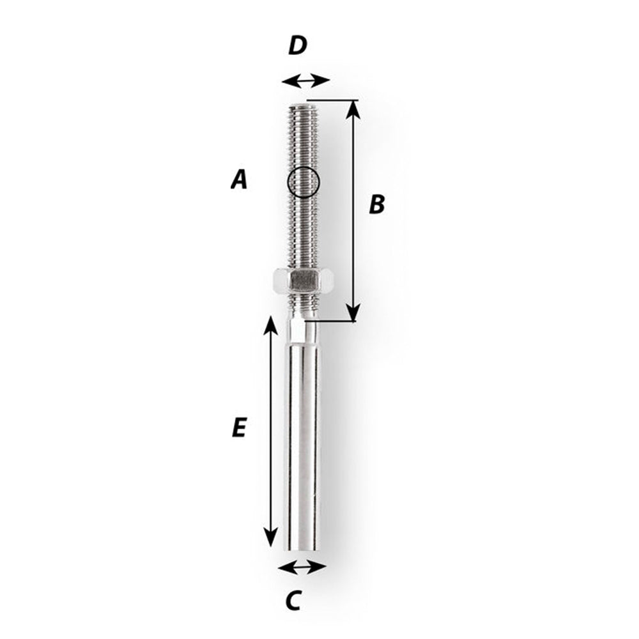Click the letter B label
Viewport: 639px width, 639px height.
coord(377,204)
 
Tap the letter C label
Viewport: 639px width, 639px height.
coord(293,600)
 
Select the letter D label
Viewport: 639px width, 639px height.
coord(297,46)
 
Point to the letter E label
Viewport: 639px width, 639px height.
coord(238,427)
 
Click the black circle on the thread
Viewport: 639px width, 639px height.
coord(302,181)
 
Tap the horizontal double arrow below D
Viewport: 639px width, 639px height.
coord(305,81)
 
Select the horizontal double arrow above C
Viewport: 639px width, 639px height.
coord(303,567)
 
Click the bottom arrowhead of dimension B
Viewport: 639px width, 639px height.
coord(353,313)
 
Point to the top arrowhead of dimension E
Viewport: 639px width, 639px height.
coord(271,325)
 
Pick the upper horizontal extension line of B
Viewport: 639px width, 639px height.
coord(332,100)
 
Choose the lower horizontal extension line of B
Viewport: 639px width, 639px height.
coord(332,321)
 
